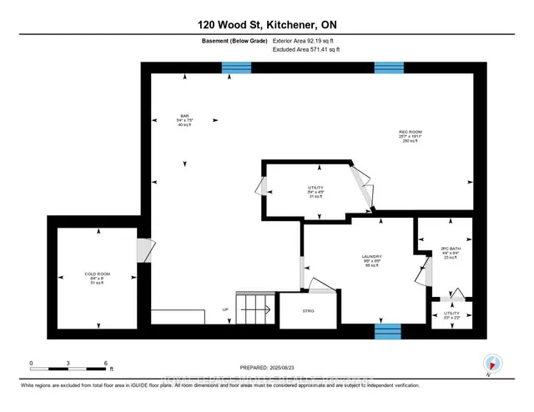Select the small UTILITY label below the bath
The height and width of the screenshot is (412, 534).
click(451, 315)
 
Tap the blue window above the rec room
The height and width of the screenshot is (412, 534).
click(389, 68)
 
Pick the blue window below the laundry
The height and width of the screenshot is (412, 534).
click(388, 331)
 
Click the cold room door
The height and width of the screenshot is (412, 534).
click(144, 250)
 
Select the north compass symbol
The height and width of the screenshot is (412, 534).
click(492, 362)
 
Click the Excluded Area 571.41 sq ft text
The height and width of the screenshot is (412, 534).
click(305, 50)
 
